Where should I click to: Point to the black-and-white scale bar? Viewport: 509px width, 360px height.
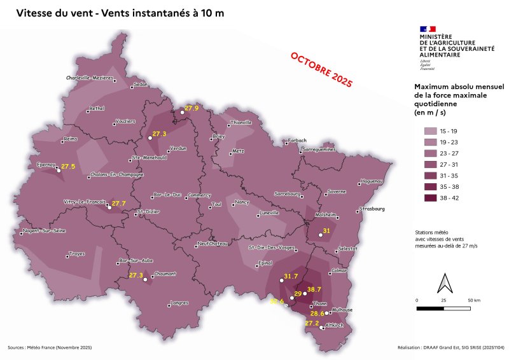(443, 308)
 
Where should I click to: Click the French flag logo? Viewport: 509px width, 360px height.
(428, 29)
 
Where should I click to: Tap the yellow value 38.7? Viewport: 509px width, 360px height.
(315, 289)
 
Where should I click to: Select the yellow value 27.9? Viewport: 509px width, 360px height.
(192, 109)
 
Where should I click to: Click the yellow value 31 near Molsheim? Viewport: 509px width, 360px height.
(327, 230)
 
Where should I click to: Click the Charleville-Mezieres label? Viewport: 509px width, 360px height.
(89, 78)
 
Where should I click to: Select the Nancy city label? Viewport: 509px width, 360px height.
(242, 202)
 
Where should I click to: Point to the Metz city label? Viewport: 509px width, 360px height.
(238, 151)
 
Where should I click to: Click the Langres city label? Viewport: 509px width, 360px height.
(179, 303)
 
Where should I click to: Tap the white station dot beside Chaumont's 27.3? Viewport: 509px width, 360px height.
(145, 279)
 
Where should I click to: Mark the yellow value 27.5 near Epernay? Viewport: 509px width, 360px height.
(68, 166)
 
